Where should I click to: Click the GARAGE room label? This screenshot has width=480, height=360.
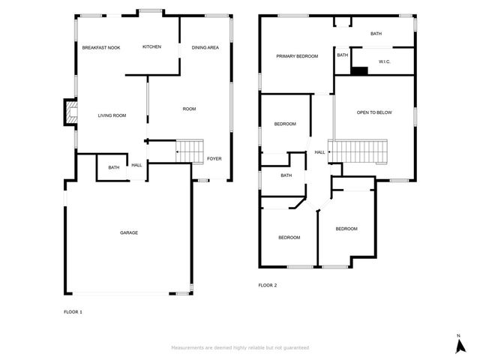point(129,232)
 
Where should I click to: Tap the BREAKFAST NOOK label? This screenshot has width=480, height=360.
point(101,48)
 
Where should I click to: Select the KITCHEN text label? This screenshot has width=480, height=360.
point(151,46)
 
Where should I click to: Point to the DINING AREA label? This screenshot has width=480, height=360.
point(205,48)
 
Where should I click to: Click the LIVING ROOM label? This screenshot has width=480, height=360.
point(112,115)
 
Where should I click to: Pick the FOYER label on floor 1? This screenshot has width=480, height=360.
point(214,158)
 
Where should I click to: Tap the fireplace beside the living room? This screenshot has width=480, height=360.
point(70,112)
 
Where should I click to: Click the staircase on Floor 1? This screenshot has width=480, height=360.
point(190,151)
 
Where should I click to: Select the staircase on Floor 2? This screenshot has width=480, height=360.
point(358,151)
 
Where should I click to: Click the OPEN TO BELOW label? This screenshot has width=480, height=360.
point(374,112)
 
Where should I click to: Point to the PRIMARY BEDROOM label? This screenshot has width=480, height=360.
point(297,56)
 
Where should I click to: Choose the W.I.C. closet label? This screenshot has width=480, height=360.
point(385,61)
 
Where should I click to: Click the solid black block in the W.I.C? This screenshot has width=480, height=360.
point(359,70)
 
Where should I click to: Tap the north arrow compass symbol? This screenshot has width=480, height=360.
point(460,345)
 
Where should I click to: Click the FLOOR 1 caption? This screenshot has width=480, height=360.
point(73,312)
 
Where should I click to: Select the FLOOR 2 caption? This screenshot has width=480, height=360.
point(268,285)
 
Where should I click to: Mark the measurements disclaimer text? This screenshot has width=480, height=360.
point(240,348)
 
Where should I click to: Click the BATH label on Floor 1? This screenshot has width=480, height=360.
point(114,168)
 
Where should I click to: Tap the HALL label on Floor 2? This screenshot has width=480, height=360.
point(320,152)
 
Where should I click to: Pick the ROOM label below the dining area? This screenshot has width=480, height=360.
point(189,109)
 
